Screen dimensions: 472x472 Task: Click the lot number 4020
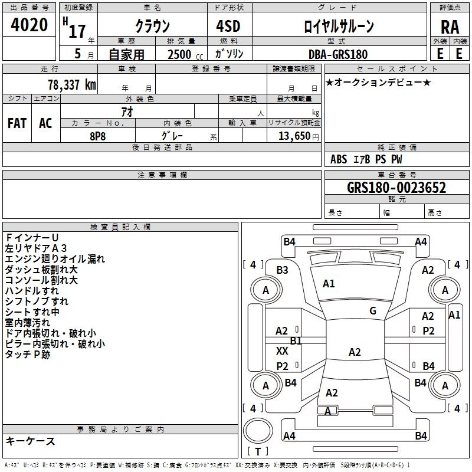[x=29, y=25]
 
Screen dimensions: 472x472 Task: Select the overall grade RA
[x=450, y=27]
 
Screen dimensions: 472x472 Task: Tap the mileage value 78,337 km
[x=72, y=85]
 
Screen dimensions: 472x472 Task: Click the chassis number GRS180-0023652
[x=396, y=188]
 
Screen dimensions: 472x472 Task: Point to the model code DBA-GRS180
[x=337, y=54]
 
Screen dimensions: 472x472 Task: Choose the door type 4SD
[x=228, y=26]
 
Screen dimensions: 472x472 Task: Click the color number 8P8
[x=97, y=136]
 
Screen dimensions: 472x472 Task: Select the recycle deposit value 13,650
[x=294, y=136]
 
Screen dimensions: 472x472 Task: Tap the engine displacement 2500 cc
[x=185, y=54]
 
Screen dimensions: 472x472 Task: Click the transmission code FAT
[x=17, y=123]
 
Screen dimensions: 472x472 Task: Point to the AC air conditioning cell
[x=45, y=123]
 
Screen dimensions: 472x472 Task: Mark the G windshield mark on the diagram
[x=373, y=311]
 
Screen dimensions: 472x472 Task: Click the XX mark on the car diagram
[x=282, y=350]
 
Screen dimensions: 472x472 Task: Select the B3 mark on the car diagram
[x=282, y=270]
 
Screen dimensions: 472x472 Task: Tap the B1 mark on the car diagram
[x=296, y=341]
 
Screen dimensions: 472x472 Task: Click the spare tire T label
[x=258, y=451]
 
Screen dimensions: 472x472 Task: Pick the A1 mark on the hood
[x=329, y=283]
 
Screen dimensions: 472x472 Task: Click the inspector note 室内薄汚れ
[x=27, y=323]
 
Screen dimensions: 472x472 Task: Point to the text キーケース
[x=30, y=441]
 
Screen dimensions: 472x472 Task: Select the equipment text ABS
[x=339, y=159]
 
